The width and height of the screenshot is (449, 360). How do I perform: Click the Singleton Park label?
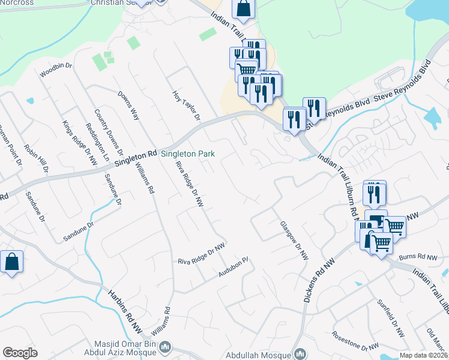point(187,154)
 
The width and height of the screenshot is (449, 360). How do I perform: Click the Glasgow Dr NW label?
point(294,240)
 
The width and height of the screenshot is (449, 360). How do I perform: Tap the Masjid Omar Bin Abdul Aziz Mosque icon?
point(167,347)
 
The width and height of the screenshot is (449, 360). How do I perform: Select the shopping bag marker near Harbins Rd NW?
point(11,262)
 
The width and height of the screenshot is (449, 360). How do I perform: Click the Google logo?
point(20,353)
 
